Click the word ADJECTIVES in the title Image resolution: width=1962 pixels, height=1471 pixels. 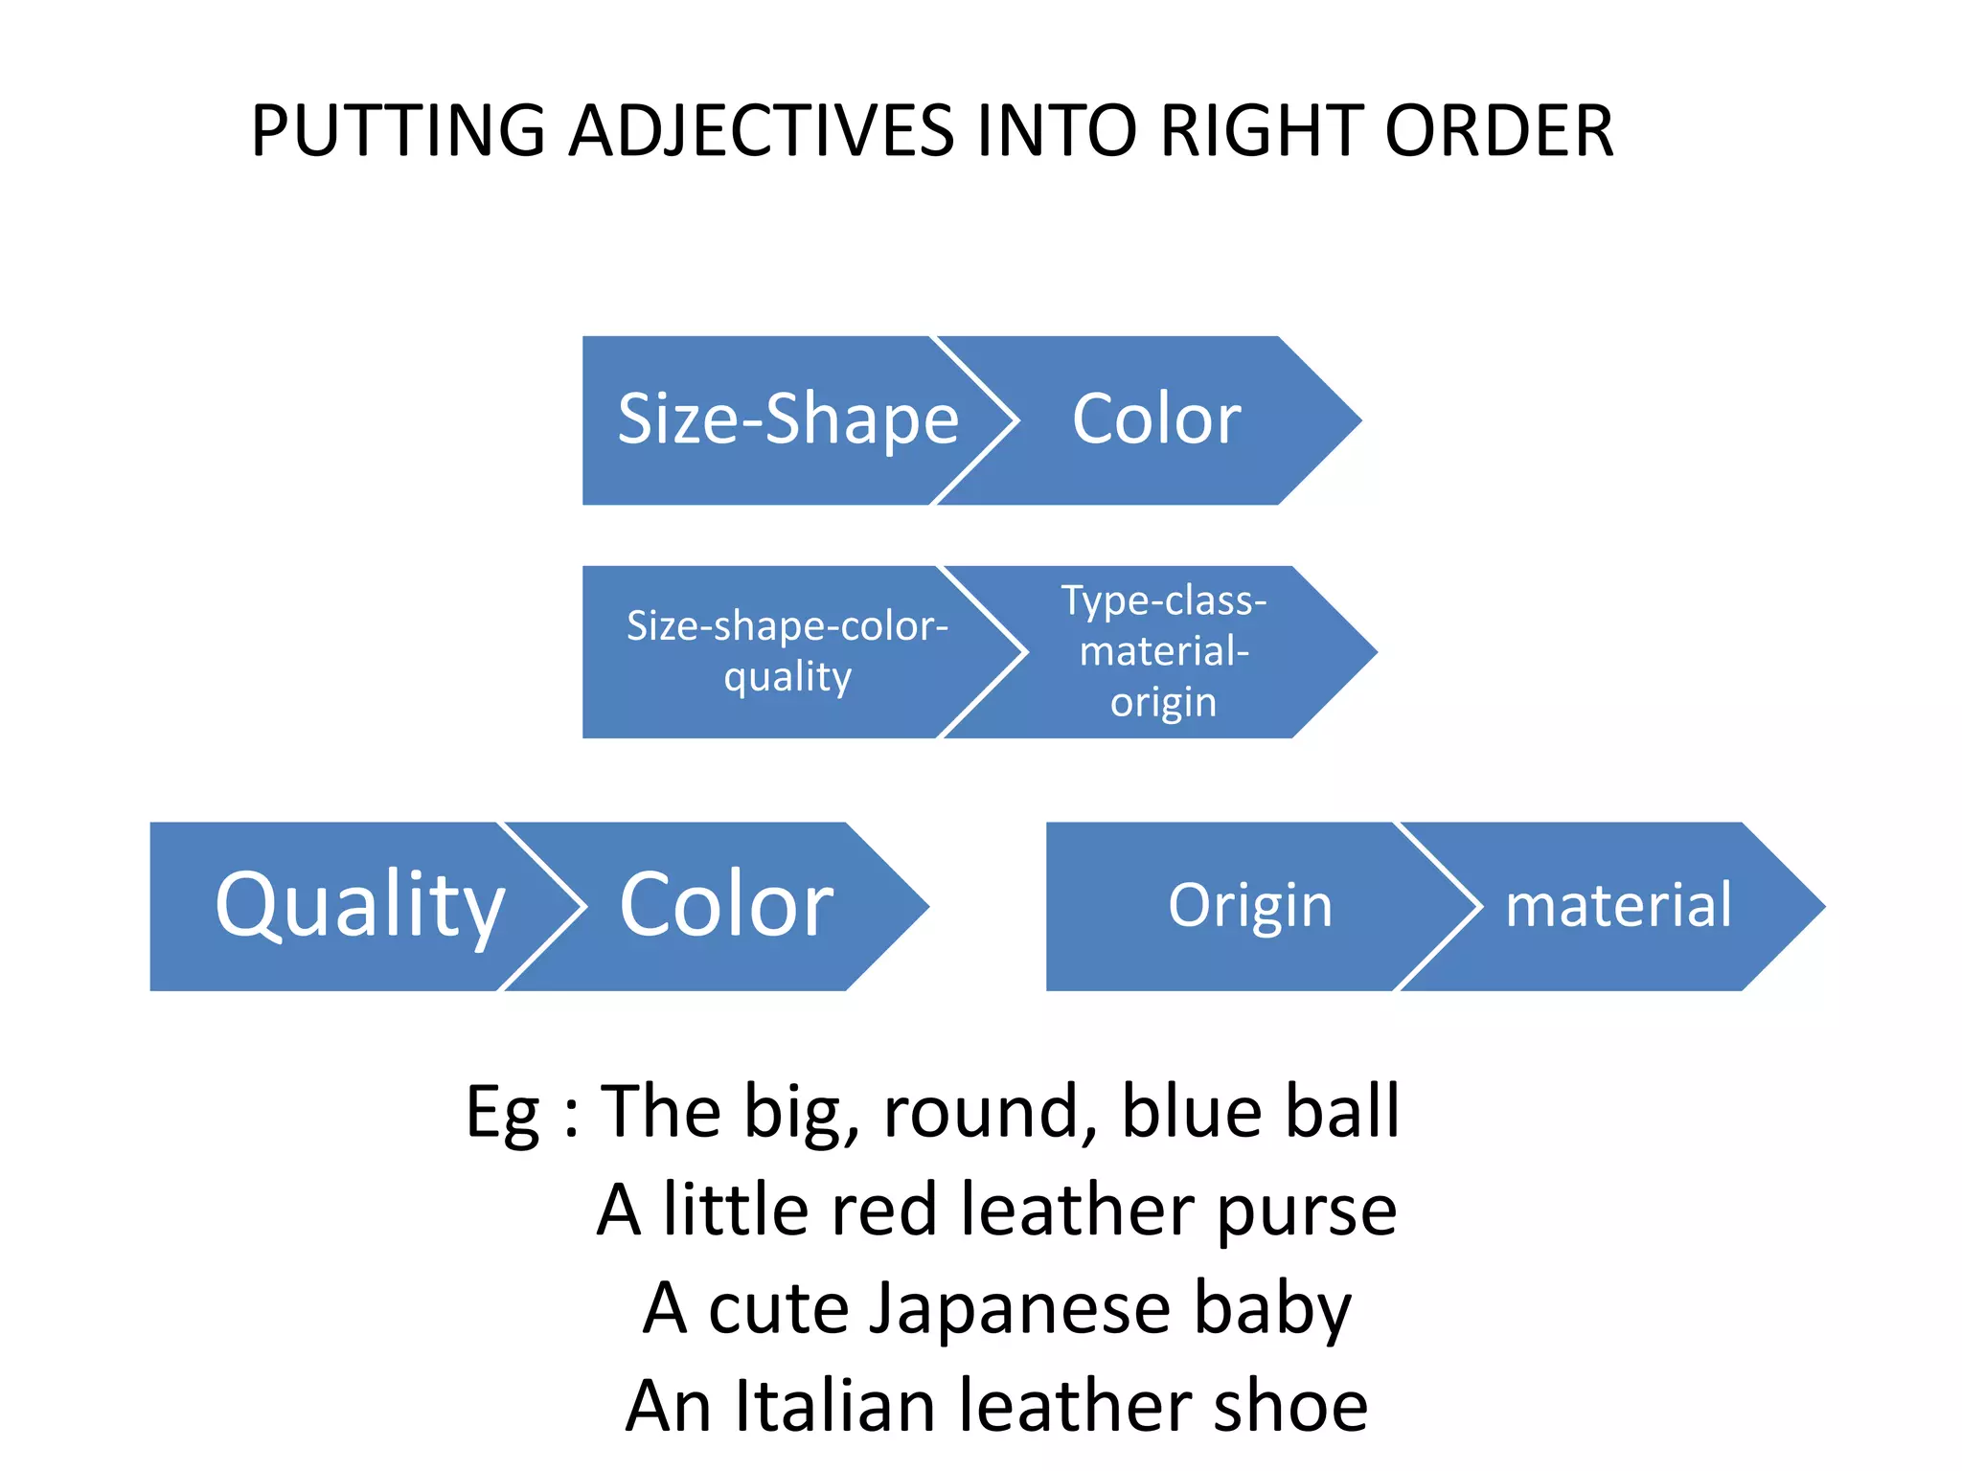761,131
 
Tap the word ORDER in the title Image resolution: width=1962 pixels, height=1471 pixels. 1499,131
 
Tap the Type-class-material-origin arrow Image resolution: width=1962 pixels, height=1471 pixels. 1163,651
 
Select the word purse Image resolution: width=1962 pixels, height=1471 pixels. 1307,1211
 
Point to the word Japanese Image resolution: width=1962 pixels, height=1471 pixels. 1020,1309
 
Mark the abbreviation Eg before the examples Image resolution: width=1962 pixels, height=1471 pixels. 503,1113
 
